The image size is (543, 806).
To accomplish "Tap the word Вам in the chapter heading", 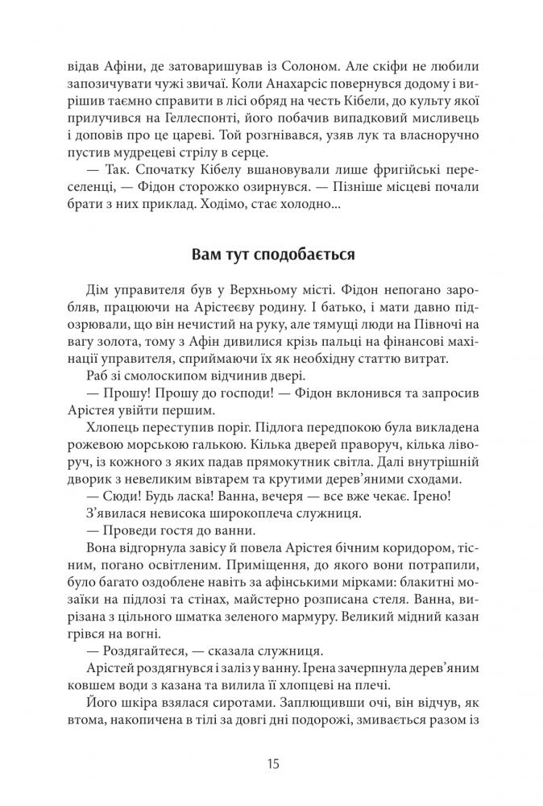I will click(x=206, y=256).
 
